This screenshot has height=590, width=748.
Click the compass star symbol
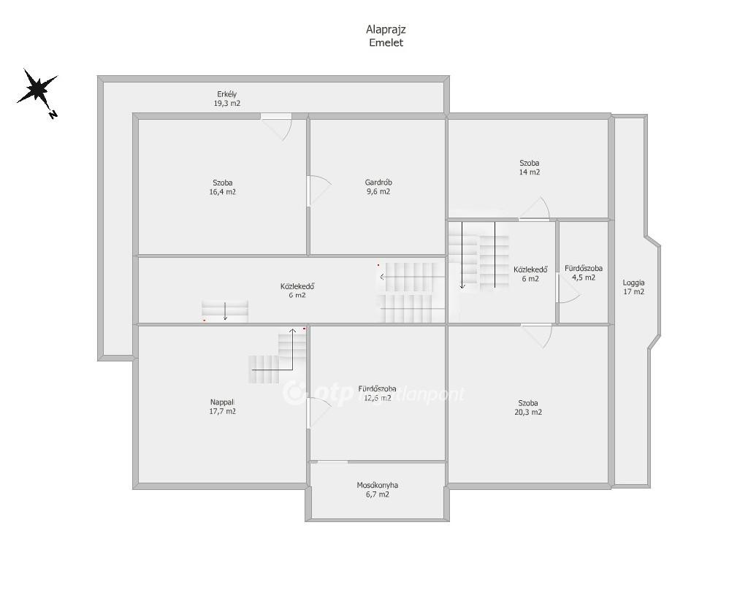pos(37,88)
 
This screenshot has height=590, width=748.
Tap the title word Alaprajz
pos(386,29)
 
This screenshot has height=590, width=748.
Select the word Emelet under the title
pos(386,42)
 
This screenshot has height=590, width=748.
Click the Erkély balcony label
pos(226,94)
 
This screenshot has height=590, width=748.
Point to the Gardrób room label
pos(378,183)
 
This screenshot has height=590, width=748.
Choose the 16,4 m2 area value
pos(223,192)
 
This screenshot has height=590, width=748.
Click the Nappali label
pos(222,402)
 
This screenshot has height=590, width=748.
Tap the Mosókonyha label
pos(378,485)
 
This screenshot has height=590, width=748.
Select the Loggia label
pos(633,283)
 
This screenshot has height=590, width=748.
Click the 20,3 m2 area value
pos(528,412)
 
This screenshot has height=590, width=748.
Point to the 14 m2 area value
pos(530,172)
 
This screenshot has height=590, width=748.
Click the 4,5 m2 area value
pos(584,277)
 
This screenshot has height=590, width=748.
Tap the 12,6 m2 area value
pos(378,398)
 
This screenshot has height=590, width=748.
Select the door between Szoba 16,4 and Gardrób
pos(318,191)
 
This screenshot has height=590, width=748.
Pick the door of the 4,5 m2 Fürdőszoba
pos(568,288)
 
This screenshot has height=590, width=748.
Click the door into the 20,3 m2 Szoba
pos(537,335)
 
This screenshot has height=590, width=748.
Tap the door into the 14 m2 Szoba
pos(535,209)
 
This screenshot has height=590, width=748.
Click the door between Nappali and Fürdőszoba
pos(318,413)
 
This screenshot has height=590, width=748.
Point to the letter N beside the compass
pos(53,114)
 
